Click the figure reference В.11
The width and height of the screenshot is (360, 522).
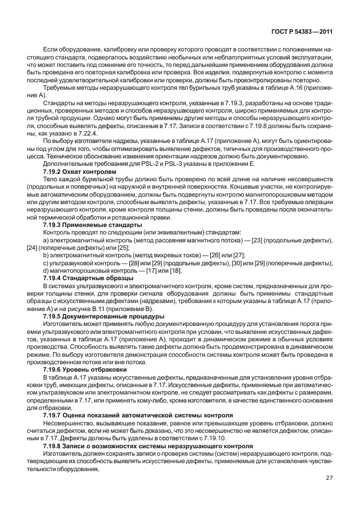92,308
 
